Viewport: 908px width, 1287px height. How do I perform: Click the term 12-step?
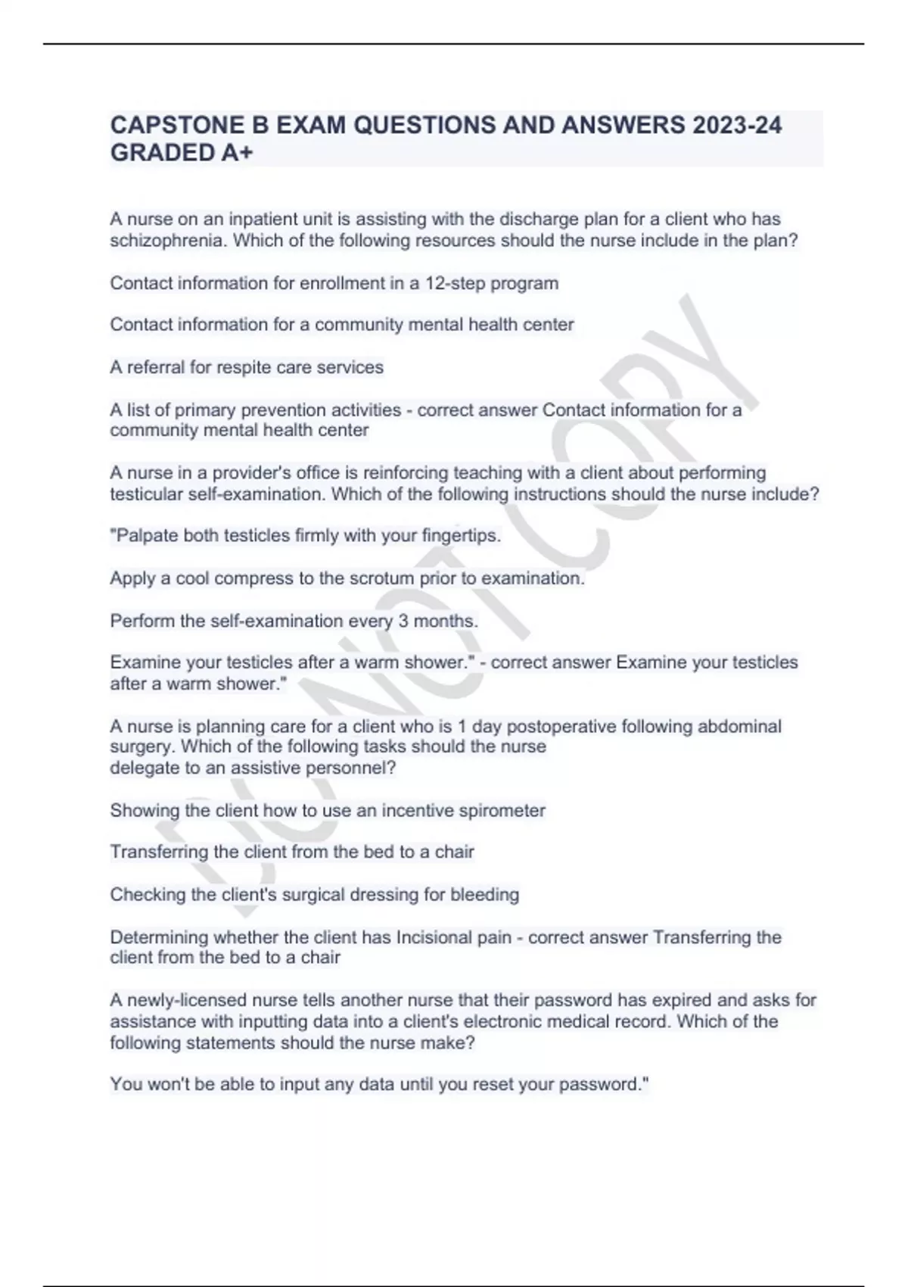tap(456, 283)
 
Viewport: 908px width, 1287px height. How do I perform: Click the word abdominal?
tap(739, 727)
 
